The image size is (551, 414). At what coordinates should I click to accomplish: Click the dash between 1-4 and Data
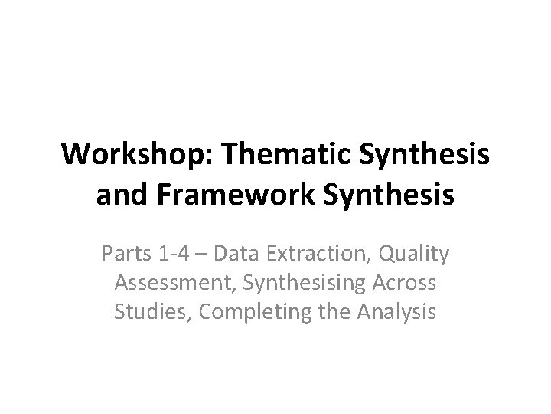(x=197, y=254)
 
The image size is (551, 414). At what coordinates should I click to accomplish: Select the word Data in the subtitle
(x=227, y=254)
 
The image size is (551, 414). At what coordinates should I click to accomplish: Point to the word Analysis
(x=390, y=312)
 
